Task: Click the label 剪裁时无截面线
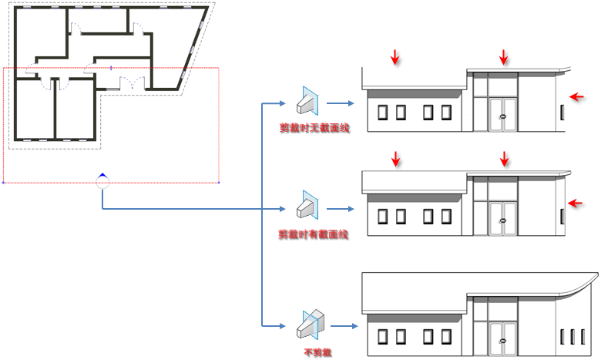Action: click(314, 127)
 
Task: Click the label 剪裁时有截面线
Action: click(314, 234)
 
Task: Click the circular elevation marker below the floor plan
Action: click(102, 182)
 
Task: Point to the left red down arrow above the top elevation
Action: click(395, 56)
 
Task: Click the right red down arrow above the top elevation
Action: click(504, 56)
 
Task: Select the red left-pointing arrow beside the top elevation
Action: click(576, 96)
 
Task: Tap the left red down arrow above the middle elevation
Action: click(395, 159)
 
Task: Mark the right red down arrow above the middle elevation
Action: click(505, 159)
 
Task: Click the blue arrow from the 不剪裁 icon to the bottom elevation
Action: click(346, 327)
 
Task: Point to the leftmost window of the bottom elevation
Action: click(381, 336)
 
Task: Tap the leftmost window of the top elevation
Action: click(381, 113)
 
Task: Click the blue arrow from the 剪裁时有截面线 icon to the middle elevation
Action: click(340, 208)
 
